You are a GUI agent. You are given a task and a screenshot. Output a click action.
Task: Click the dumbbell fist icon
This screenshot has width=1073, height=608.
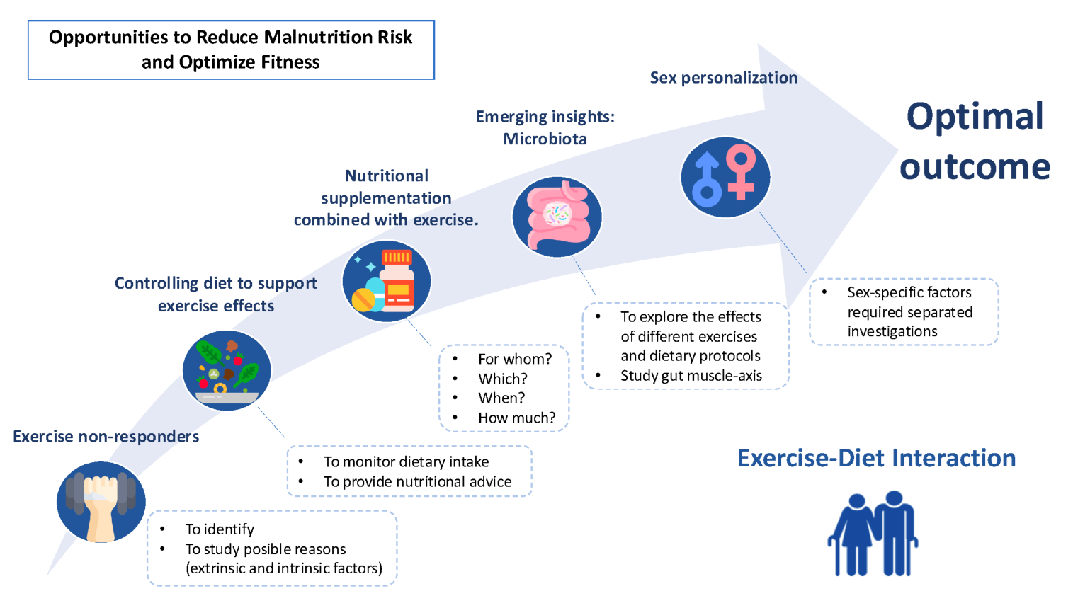pos(101,502)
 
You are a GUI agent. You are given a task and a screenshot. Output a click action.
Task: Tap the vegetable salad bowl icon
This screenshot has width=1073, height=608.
pos(227,371)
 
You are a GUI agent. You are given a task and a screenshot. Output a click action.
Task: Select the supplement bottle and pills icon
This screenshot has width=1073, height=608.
pos(387,281)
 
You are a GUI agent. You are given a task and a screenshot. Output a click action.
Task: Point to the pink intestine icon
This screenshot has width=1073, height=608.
pos(557,217)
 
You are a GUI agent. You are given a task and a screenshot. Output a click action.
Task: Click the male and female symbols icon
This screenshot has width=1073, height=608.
pos(725,177)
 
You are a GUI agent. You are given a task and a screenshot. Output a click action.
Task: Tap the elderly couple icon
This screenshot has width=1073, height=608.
pos(873,533)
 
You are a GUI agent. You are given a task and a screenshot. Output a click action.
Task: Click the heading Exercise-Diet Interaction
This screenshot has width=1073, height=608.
pos(876,458)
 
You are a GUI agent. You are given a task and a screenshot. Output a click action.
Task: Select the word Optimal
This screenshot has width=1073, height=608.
pos(975,116)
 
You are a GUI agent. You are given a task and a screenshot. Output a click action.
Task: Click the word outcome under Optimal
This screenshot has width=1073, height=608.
pos(975,167)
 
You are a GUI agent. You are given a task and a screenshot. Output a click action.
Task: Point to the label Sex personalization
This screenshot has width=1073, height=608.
pos(723,78)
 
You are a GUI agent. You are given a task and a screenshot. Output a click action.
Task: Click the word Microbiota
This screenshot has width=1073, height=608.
pos(545,139)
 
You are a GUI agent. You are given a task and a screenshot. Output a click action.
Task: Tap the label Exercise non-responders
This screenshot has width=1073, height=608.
pos(106,436)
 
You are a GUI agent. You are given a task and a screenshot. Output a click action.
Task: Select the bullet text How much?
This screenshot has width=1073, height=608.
pos(516,418)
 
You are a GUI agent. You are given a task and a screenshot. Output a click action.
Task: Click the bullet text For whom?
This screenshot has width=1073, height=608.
pos(514,359)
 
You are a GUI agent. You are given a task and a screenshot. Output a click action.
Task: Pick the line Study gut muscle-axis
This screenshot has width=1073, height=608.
pos(691,376)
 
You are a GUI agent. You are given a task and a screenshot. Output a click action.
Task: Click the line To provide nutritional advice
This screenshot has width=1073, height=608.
pos(417,482)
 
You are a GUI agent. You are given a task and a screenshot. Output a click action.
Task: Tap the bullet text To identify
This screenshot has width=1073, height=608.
pos(220,529)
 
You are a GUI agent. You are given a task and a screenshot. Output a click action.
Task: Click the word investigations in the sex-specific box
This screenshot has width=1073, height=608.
pos(892,332)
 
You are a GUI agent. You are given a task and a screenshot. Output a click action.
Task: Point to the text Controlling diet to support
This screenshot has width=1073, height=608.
pos(216,283)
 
